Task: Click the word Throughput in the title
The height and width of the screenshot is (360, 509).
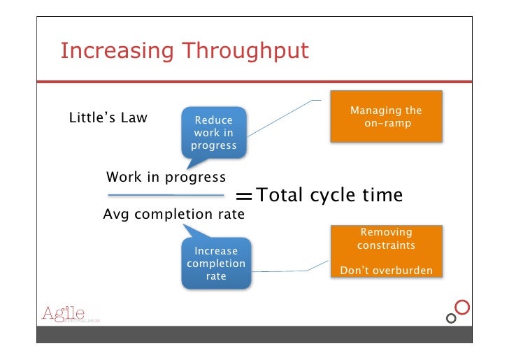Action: [x=245, y=52]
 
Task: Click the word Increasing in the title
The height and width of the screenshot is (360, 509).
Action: [x=117, y=52]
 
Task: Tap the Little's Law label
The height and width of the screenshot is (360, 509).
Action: [x=108, y=117]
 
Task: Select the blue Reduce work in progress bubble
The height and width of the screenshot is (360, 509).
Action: [x=214, y=133]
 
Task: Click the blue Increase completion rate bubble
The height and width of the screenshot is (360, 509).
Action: [x=216, y=263]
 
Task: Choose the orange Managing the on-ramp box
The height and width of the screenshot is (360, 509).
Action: [x=386, y=117]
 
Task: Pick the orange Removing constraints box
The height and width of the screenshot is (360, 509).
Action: [x=386, y=251]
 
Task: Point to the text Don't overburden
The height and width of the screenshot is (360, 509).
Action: [x=386, y=270]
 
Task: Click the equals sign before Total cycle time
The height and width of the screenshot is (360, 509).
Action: [x=244, y=196]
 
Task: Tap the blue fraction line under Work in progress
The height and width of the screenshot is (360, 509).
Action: [x=166, y=195]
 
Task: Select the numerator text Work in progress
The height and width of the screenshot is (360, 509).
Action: [x=166, y=178]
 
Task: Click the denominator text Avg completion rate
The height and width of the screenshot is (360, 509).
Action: [x=173, y=214]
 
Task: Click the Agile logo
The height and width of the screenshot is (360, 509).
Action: [x=71, y=314]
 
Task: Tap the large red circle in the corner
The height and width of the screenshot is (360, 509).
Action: [x=462, y=307]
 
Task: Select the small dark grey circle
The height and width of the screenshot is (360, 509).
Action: [x=451, y=319]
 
